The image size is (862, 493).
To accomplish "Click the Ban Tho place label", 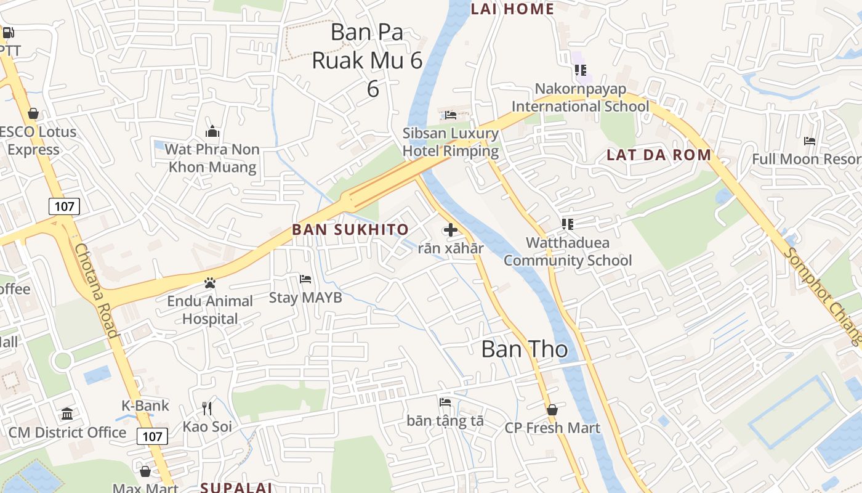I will [x=524, y=349].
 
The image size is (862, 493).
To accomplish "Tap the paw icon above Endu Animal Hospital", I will [x=210, y=283].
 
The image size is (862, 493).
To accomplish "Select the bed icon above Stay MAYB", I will [x=305, y=279].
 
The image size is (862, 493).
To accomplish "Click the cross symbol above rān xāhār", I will [x=451, y=230].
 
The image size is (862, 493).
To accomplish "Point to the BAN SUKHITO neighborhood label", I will [x=350, y=230].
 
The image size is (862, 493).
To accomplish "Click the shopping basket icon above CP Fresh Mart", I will [x=552, y=409].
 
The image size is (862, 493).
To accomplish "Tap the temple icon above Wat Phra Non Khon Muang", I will [x=212, y=131].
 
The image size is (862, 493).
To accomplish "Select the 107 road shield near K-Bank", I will [x=152, y=437].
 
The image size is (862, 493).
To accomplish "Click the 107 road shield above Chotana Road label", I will [x=64, y=206].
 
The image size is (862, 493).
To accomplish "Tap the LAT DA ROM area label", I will [x=659, y=155].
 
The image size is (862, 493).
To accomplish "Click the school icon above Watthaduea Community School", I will [x=567, y=224].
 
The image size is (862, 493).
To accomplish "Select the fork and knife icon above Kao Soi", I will [x=207, y=408].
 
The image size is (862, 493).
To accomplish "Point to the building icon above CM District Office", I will [x=67, y=414].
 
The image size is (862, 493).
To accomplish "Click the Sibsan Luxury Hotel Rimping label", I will [x=451, y=142].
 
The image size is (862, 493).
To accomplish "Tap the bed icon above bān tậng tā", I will [x=445, y=402].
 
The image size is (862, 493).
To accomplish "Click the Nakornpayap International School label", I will [x=580, y=97].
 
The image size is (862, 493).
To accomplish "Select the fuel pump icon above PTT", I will [x=8, y=33].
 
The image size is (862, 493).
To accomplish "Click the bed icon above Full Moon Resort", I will [x=810, y=141].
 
